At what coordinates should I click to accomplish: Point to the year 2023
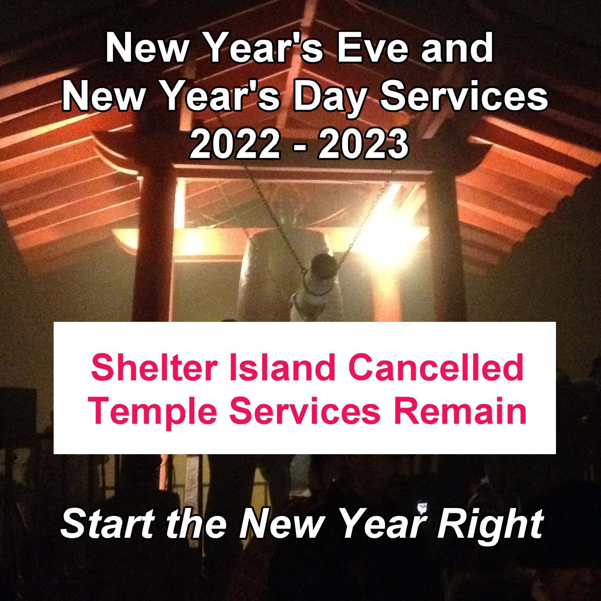click(x=363, y=145)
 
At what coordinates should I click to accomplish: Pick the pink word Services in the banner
click(x=305, y=411)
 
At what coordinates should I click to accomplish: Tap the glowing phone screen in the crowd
click(x=422, y=508)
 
